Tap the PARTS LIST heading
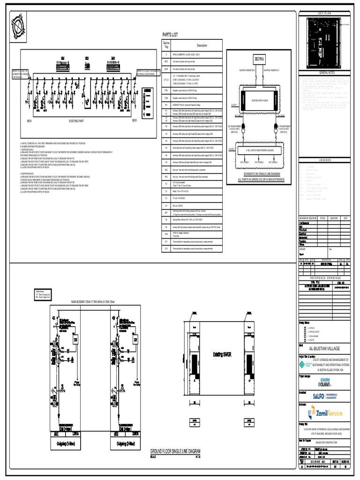170,35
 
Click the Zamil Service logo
325,413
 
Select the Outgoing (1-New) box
64,443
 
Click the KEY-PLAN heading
325,14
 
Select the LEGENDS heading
325,160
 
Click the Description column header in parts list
202,45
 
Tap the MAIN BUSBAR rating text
99,301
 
